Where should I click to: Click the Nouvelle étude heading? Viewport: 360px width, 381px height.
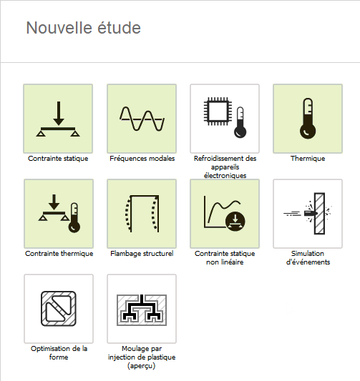tap(84, 28)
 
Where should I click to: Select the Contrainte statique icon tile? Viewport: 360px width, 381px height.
tap(58, 119)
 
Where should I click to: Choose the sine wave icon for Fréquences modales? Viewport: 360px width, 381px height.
tap(142, 119)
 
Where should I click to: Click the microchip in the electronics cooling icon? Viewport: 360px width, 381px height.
tap(216, 112)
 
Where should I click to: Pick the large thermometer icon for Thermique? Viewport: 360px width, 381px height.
tap(308, 119)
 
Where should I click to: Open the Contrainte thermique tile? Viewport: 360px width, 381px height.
tap(59, 214)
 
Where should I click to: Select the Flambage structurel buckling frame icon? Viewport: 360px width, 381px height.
tap(142, 214)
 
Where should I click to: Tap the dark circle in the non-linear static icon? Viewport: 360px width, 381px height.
tap(235, 221)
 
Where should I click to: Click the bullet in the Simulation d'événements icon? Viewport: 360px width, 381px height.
tap(311, 213)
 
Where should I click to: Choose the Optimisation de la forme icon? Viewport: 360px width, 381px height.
tap(59, 309)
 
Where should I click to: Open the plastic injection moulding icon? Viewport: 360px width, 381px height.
tap(142, 310)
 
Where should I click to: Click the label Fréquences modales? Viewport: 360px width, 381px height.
tap(142, 159)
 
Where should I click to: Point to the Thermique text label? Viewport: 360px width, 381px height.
tap(308, 159)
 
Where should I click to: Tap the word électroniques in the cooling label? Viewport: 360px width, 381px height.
tap(225, 175)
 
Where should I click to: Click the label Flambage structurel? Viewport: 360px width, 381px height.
tap(142, 254)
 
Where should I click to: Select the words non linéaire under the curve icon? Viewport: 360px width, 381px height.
tap(225, 262)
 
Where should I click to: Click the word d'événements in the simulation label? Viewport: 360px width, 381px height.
tap(308, 262)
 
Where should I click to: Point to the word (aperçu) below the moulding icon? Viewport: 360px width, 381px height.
tap(141, 366)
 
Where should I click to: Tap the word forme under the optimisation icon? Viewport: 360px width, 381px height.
tap(59, 357)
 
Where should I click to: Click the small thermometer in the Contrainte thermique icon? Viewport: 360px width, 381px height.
tap(74, 218)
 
